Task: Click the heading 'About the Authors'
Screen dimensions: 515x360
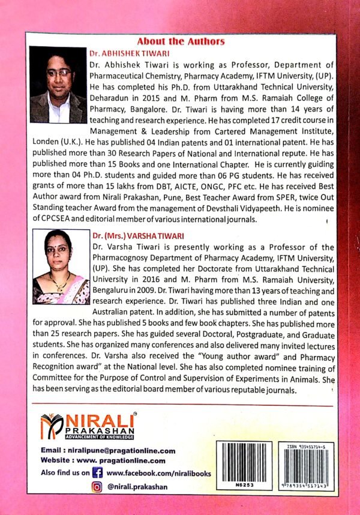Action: click(181, 41)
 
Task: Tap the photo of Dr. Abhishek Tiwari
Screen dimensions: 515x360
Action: click(58, 85)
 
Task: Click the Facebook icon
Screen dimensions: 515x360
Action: click(98, 474)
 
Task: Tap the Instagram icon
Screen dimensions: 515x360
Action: click(97, 487)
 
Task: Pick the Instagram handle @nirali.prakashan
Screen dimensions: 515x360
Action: click(138, 487)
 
